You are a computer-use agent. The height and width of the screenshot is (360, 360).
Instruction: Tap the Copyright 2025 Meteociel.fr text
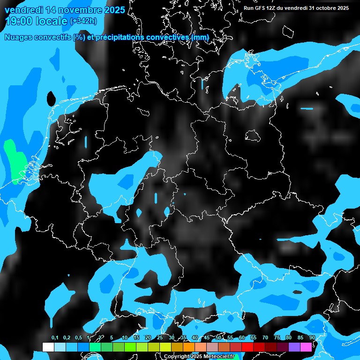(199, 357)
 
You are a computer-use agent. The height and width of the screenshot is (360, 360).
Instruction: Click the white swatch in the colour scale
(48, 347)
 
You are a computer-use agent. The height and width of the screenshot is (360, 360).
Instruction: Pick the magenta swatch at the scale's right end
(306, 347)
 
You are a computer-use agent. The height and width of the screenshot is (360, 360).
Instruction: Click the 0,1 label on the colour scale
(54, 338)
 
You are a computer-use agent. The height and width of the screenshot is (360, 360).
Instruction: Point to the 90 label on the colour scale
(312, 338)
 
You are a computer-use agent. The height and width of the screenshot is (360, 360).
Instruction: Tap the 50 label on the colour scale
(218, 338)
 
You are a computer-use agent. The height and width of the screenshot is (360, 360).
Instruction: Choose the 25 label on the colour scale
(160, 338)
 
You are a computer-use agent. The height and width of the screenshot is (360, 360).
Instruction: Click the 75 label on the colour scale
(277, 338)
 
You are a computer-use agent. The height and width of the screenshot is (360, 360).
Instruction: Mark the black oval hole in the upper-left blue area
(51, 99)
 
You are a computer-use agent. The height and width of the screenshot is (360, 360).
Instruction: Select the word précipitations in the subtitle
(119, 37)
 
